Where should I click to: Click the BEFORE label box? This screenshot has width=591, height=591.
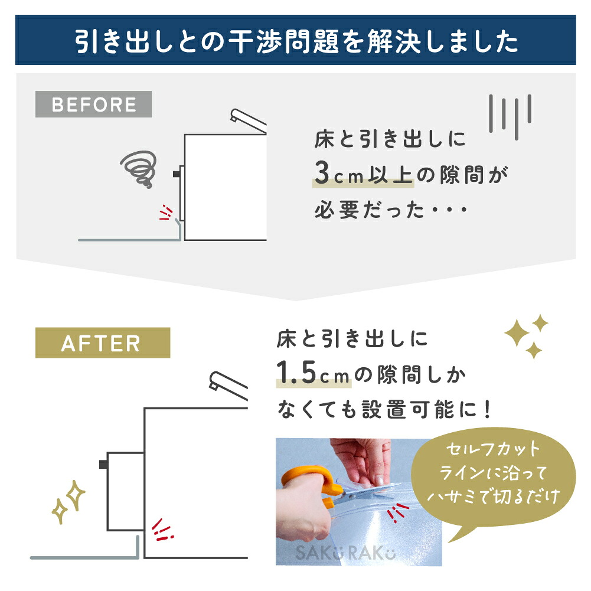[x=93, y=104]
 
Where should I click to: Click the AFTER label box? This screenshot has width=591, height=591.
[x=103, y=342]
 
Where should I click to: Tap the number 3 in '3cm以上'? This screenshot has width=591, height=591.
[x=322, y=173]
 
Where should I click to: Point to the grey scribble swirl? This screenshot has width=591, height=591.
[x=139, y=169]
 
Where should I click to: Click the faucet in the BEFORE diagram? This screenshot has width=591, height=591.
[x=248, y=121]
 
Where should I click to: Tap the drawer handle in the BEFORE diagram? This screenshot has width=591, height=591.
[x=177, y=174]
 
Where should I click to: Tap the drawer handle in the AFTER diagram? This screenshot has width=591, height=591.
[x=103, y=464]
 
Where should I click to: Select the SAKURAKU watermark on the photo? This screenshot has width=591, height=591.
[x=345, y=553]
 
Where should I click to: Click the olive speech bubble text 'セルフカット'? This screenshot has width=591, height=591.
[x=493, y=449]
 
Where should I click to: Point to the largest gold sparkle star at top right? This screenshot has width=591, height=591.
[x=517, y=333]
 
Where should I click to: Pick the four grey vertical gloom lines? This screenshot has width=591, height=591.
[x=510, y=117]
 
